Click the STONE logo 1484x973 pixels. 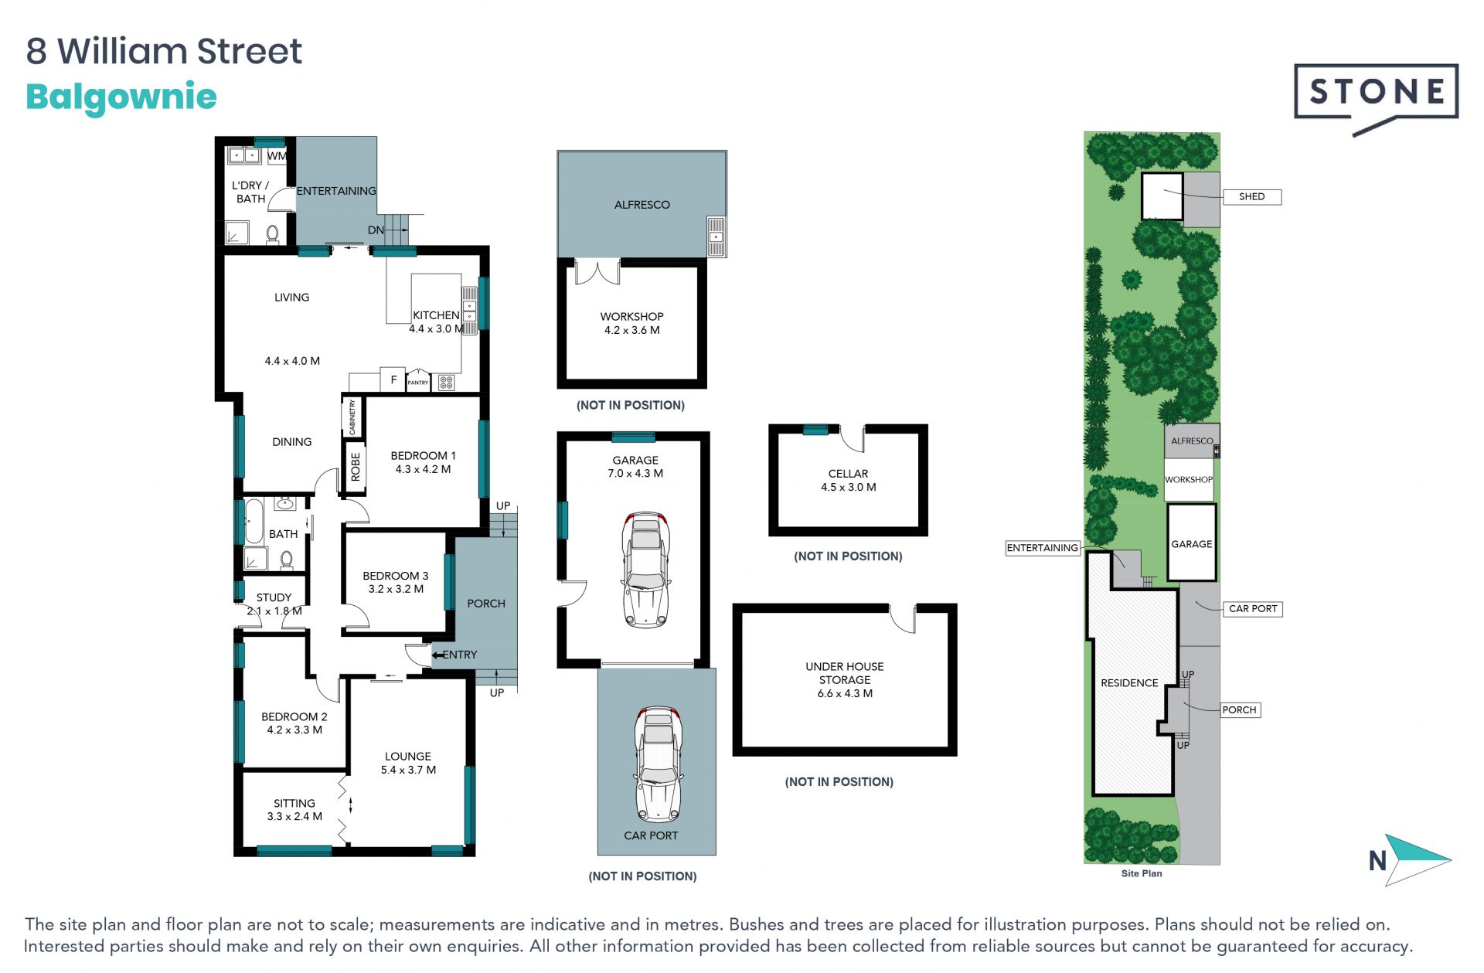point(1376,97)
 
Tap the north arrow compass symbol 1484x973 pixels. point(1417,859)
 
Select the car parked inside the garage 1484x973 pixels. point(646,570)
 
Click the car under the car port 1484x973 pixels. point(658,764)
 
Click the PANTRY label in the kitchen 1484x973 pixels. point(418,383)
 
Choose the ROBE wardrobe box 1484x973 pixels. point(355,468)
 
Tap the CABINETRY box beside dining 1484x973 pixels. point(352,417)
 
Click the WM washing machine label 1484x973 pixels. point(277,155)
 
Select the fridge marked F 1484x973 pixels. point(393,379)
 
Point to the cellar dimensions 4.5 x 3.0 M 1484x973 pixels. point(849,487)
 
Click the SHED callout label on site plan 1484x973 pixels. point(1252,196)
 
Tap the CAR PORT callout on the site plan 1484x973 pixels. point(1253,608)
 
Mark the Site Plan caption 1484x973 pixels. point(1142,873)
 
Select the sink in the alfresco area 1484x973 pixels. point(716,236)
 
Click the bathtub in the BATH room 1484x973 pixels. point(254,522)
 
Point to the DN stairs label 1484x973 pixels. point(376,230)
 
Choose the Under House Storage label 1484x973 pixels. point(845,680)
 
